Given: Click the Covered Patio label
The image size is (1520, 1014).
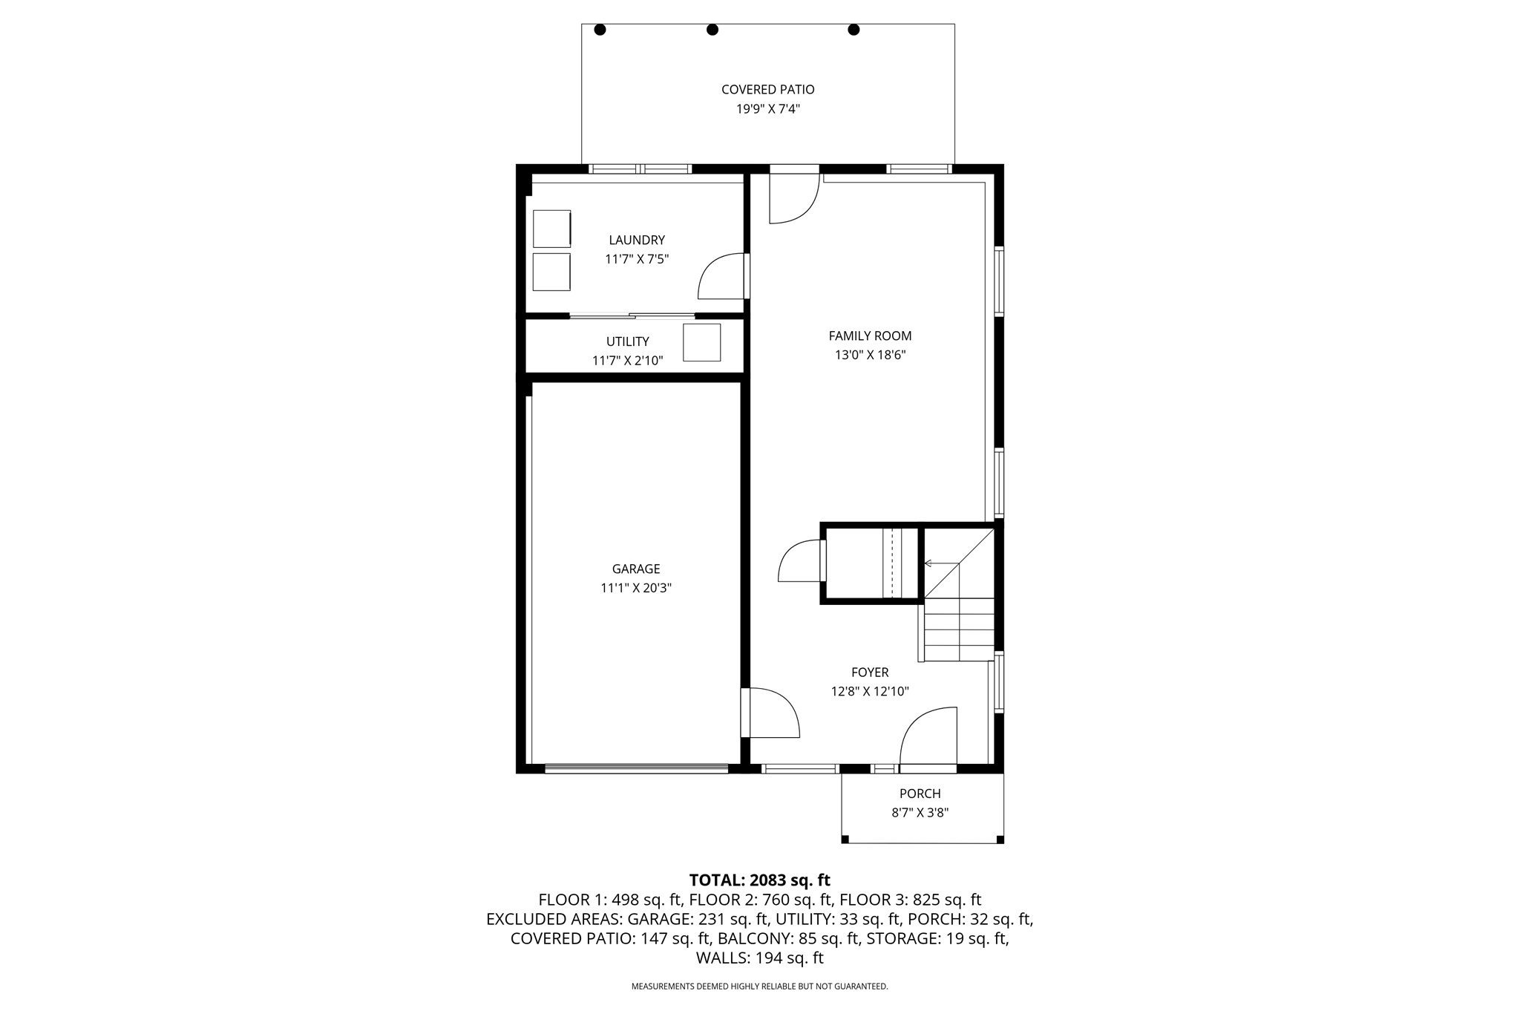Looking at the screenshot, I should [x=767, y=89].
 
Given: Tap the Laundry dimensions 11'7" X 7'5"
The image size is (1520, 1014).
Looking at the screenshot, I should [x=637, y=259].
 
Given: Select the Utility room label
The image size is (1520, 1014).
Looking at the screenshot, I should [x=627, y=341].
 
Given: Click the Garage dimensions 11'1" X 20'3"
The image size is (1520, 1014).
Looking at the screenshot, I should [x=636, y=588].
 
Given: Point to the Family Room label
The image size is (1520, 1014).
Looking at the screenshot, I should [x=870, y=336].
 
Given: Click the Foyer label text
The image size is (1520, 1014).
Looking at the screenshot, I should [x=870, y=673].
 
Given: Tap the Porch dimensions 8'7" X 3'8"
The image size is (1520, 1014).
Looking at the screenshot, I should [x=920, y=813].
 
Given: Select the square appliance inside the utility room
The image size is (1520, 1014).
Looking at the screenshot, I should [x=701, y=342].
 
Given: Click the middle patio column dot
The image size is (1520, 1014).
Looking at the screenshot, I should [x=712, y=30].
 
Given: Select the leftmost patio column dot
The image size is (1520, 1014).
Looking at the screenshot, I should [x=600, y=30].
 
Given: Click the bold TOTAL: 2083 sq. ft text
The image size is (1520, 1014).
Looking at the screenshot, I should [x=759, y=880].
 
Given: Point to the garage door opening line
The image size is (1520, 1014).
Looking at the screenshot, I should [x=636, y=769].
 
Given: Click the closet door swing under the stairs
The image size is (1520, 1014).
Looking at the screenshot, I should [x=800, y=562].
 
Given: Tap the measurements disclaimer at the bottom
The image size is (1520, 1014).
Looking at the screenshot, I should [x=759, y=987].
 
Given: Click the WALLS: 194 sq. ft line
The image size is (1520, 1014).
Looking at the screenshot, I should [x=759, y=958].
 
